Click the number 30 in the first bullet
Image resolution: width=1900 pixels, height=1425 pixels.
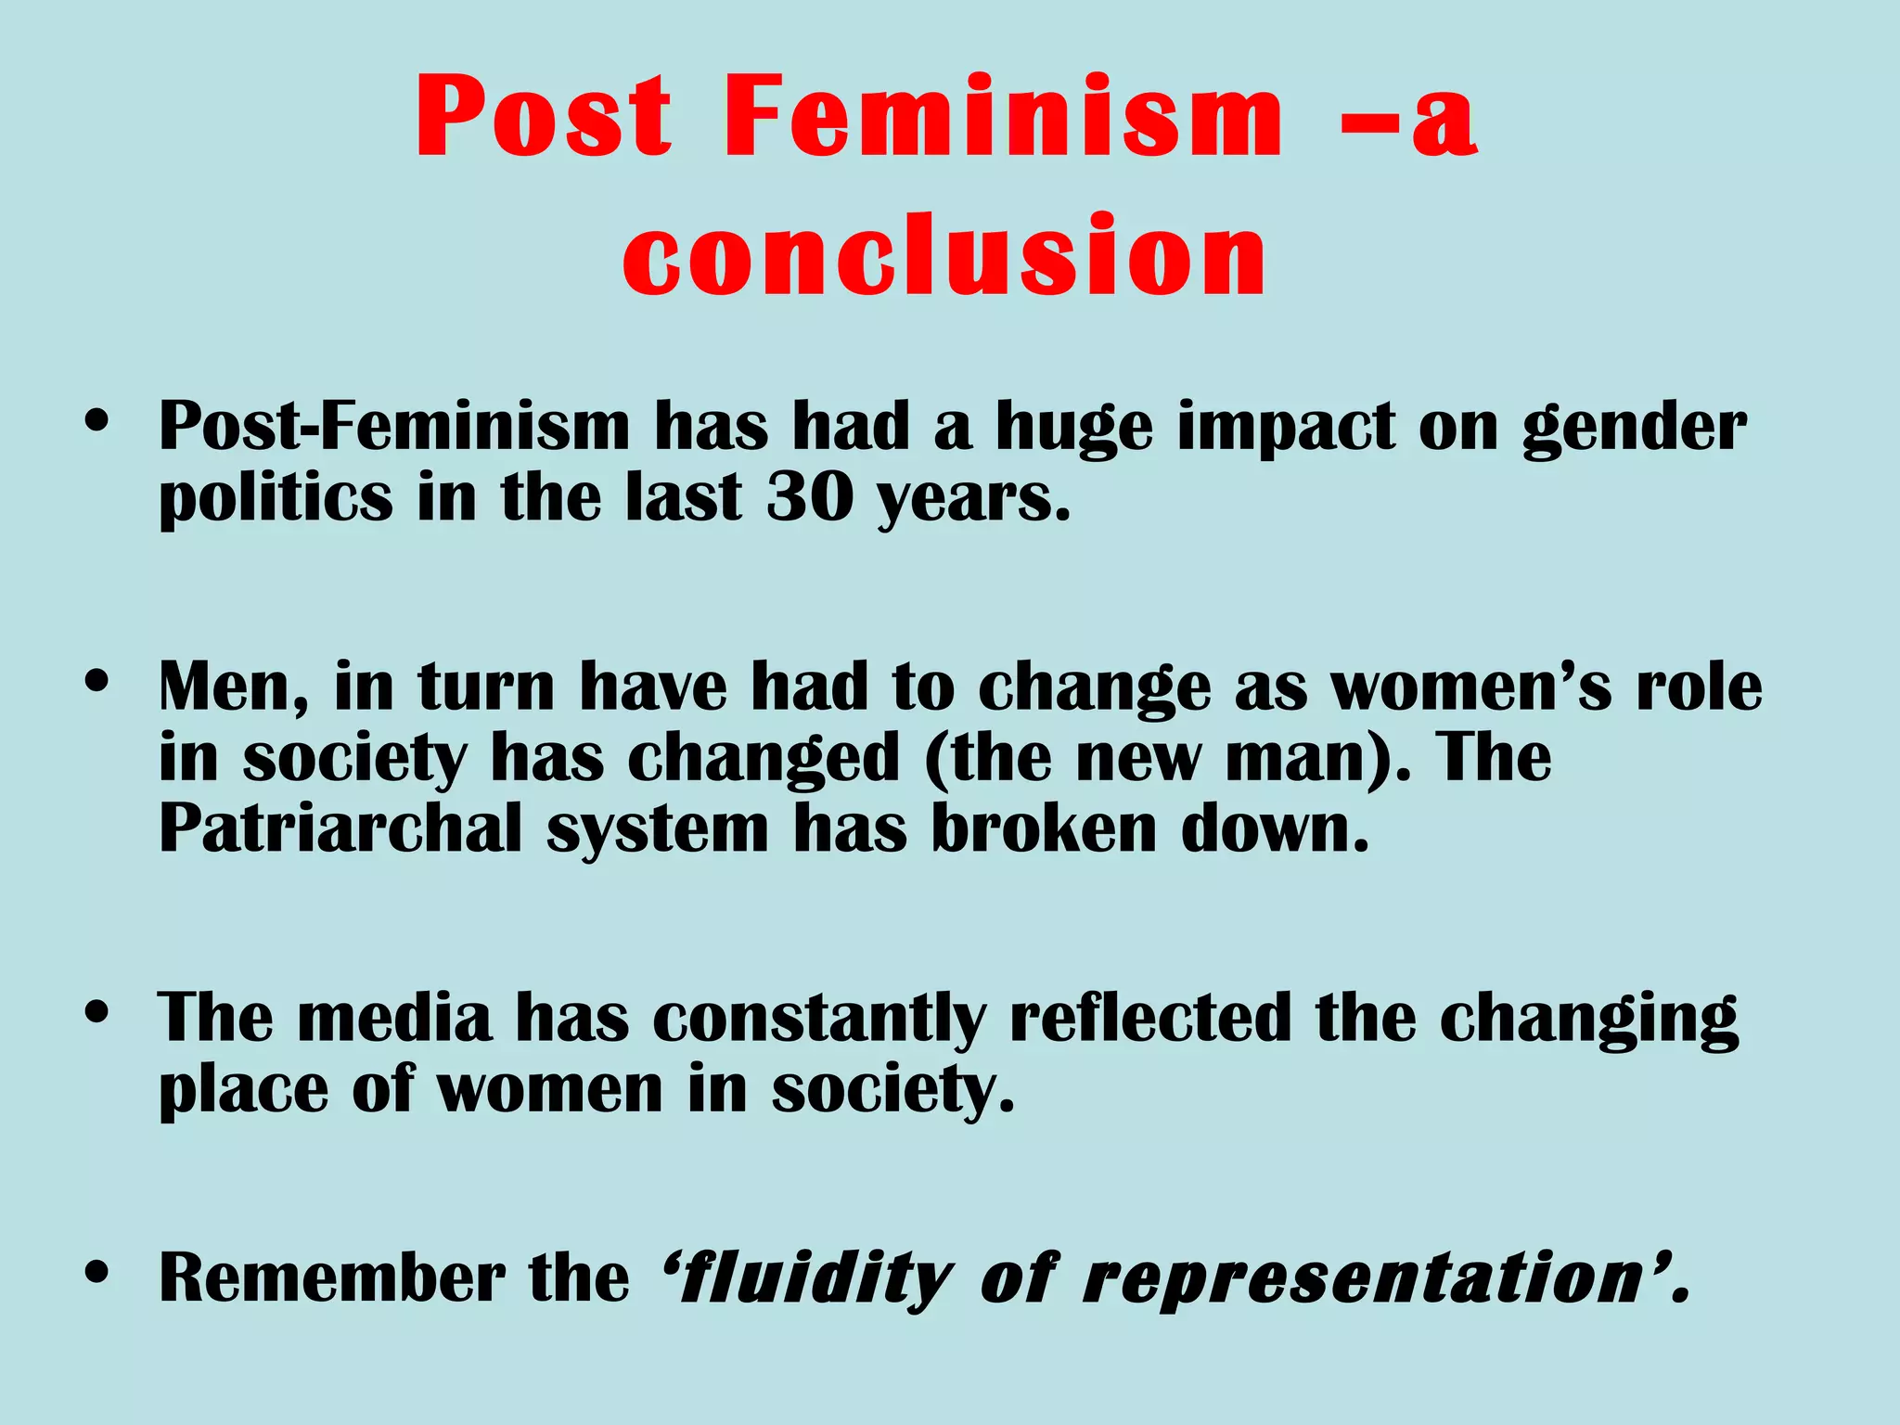[x=810, y=497]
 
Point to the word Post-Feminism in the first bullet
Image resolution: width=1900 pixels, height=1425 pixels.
[x=394, y=427]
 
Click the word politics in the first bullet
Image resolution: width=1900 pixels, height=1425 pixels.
[x=276, y=499]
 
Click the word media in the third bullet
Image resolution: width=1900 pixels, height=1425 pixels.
[x=394, y=1018]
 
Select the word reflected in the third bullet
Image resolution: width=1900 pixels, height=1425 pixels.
[x=1150, y=1018]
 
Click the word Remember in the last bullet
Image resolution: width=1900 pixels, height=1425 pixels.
[x=331, y=1277]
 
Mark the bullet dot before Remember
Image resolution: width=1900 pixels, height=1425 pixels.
[x=96, y=1273]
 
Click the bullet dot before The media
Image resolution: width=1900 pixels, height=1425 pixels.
[x=96, y=1013]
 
